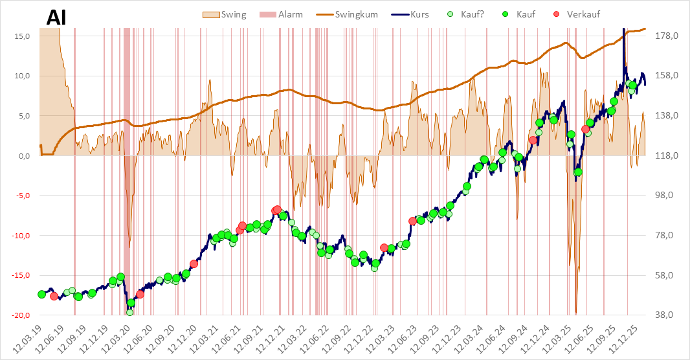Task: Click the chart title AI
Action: tap(58, 18)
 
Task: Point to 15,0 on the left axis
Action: tap(23, 36)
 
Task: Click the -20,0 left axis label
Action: tap(22, 315)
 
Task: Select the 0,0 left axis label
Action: tap(25, 155)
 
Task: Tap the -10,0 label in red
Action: tap(22, 235)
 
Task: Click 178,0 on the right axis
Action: tap(666, 36)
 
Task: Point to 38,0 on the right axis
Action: tap(667, 315)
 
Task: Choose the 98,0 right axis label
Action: tap(667, 195)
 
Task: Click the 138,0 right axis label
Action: tap(666, 115)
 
